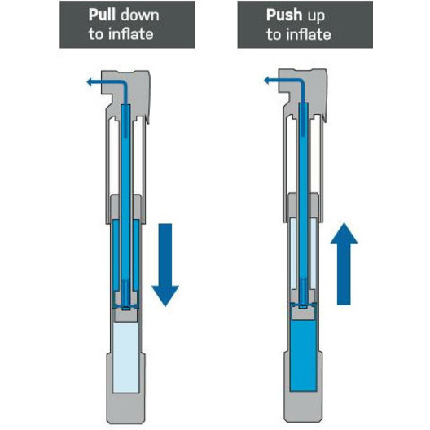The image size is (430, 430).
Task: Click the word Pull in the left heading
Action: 102,15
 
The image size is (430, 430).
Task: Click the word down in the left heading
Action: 140,15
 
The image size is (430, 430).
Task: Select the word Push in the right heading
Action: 284,15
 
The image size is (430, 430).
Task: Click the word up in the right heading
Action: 316,16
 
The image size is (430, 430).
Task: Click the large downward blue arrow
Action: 165,265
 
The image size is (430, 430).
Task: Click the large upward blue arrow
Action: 344,264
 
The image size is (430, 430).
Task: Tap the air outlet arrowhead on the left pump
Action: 90,81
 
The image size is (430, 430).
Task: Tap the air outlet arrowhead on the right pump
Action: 267,81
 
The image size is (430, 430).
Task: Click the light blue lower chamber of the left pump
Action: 126,357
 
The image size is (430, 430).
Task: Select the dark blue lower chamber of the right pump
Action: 303,356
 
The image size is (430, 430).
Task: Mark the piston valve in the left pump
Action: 126,305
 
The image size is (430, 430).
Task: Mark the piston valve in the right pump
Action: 303,304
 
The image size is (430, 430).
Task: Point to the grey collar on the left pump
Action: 126,208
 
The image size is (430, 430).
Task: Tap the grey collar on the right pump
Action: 304,206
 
